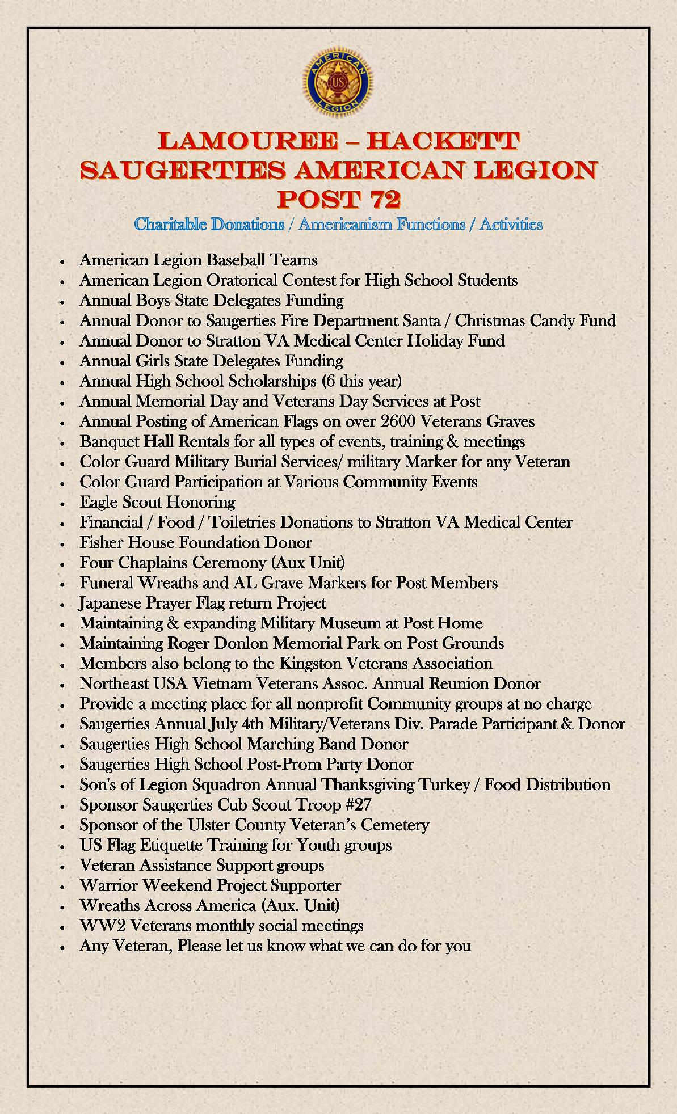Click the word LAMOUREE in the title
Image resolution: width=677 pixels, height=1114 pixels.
point(247,141)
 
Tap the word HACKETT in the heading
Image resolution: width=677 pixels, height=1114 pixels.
point(443,141)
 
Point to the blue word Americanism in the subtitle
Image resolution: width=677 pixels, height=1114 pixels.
point(381,225)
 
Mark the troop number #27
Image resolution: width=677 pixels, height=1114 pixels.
point(358,805)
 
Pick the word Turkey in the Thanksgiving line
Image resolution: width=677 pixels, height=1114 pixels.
point(444,785)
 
